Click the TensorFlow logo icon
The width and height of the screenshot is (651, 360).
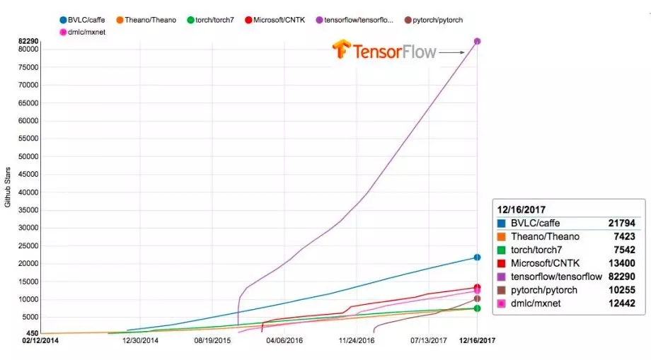pyautogui.click(x=342, y=50)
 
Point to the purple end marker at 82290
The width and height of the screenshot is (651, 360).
pyautogui.click(x=478, y=41)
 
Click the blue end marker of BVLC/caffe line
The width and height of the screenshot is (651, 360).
pyautogui.click(x=478, y=257)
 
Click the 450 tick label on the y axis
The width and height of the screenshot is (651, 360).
pyautogui.click(x=33, y=333)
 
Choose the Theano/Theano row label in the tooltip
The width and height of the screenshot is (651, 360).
pyautogui.click(x=546, y=236)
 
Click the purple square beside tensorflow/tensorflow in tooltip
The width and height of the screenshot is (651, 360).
pyautogui.click(x=502, y=277)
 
